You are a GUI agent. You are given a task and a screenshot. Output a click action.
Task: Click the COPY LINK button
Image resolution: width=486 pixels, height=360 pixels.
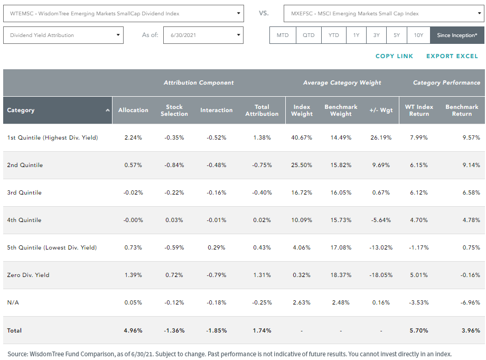point(394,56)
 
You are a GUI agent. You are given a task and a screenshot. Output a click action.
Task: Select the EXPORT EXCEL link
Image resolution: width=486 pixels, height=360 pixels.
point(452,56)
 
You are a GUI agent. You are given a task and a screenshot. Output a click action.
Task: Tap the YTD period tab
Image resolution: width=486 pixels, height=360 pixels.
point(333,35)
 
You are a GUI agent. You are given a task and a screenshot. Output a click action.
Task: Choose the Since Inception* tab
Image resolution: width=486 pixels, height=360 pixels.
point(457,35)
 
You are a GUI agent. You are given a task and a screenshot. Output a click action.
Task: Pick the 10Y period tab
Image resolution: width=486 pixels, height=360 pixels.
point(418,35)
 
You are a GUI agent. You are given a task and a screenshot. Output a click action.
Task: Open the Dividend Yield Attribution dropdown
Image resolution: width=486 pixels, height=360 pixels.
point(63,35)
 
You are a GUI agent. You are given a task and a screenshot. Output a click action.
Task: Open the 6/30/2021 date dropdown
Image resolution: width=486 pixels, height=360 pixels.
point(203,35)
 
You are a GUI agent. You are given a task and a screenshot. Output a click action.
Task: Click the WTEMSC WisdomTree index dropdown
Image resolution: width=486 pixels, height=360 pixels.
point(124,13)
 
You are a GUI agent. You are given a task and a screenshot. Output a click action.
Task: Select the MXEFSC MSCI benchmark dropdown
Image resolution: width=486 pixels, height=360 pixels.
point(384,13)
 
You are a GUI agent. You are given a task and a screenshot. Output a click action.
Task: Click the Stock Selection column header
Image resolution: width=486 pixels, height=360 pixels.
point(174,110)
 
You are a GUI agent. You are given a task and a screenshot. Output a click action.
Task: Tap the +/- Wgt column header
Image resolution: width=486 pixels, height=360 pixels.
point(381,110)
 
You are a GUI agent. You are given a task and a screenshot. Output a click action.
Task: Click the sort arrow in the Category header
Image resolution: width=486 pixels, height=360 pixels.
point(108,110)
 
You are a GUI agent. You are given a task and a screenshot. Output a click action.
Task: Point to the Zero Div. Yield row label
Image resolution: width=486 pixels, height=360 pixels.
point(28,275)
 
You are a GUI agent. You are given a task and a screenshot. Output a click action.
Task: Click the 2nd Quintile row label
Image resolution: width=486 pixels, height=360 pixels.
point(25,165)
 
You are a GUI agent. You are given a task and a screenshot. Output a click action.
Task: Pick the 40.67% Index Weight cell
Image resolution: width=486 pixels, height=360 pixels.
point(302,137)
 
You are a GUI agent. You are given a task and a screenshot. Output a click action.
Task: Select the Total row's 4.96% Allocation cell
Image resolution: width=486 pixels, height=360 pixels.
point(133,330)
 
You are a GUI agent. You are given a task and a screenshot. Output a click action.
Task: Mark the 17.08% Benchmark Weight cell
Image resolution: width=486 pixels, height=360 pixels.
point(341,247)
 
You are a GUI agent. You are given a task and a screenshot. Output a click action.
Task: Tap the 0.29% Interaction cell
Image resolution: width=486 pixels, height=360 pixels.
point(217,247)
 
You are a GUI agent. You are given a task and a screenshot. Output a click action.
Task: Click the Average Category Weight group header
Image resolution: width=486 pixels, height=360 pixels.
point(342,82)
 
